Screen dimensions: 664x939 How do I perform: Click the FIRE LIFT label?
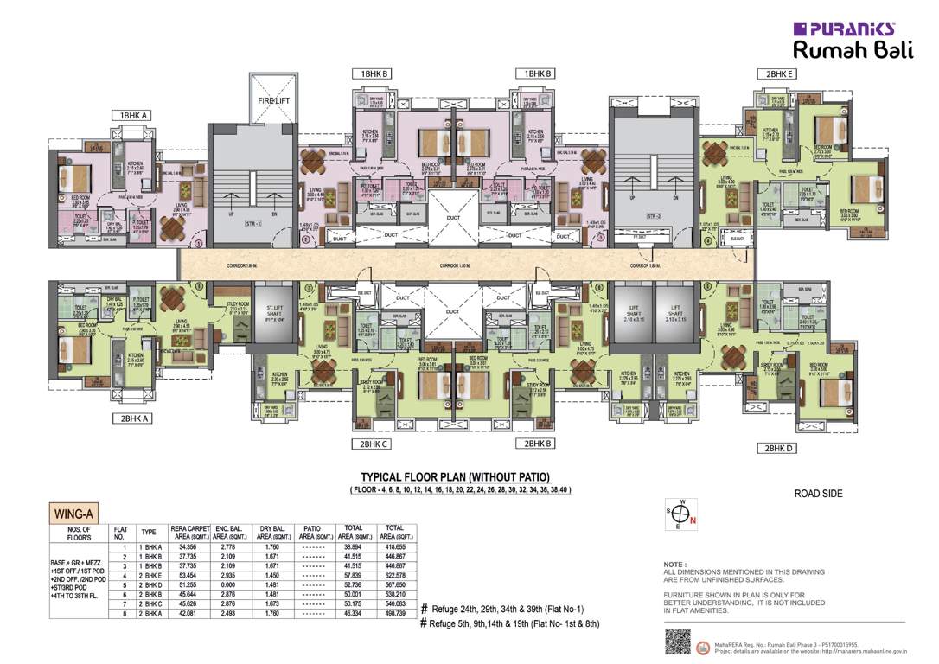click(x=273, y=101)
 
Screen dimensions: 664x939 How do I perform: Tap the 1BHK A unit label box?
click(x=136, y=115)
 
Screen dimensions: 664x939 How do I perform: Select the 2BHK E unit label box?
click(x=775, y=73)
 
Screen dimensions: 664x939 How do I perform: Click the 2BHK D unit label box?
click(x=775, y=448)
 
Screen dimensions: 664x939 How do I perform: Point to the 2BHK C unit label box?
click(x=370, y=444)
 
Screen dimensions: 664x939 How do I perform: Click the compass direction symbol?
click(x=678, y=513)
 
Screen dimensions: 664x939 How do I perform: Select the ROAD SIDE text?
click(x=818, y=494)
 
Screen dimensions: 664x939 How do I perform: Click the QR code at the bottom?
click(x=680, y=642)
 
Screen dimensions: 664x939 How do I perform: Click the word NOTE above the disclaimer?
click(x=675, y=564)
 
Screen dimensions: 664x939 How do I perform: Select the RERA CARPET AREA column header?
click(x=190, y=532)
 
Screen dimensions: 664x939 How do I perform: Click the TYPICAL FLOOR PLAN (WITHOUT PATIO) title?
click(x=455, y=477)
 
